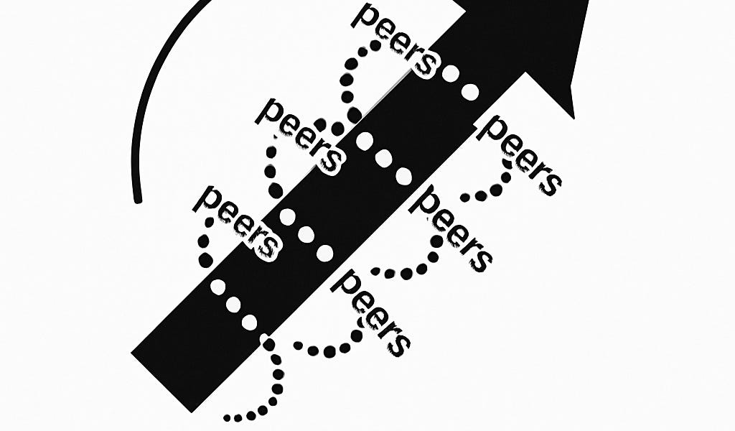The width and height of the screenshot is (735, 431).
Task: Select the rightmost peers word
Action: [x=520, y=154]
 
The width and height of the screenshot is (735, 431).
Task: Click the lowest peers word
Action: [x=373, y=312]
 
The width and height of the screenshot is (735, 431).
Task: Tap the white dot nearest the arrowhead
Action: [x=469, y=91]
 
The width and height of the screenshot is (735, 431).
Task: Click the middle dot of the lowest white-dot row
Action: [x=233, y=304]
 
